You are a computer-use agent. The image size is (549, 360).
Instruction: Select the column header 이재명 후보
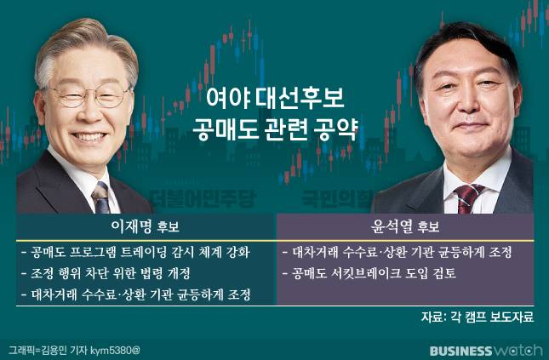[146, 227]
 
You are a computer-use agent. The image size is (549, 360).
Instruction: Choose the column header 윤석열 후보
[405, 227]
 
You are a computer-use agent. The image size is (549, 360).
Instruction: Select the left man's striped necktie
[100, 198]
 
